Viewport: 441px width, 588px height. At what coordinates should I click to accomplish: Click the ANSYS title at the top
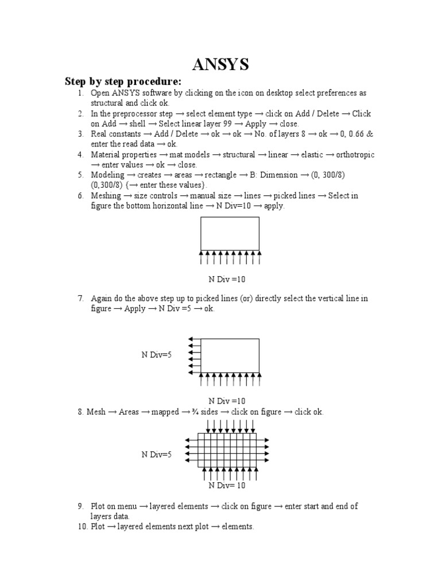pos(220,65)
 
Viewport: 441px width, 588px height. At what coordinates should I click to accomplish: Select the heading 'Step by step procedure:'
pos(123,82)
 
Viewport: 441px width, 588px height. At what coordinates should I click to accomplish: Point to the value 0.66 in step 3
pos(355,134)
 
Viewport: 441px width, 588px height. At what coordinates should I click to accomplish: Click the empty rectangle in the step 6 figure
pos(229,233)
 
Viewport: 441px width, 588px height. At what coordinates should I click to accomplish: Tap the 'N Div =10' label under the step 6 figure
pos(227,279)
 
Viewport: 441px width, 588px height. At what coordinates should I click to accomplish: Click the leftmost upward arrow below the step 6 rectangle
pos(202,257)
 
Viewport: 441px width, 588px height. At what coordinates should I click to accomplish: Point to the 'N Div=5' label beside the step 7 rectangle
pos(157,355)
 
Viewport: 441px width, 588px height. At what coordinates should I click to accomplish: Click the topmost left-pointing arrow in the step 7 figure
pos(194,339)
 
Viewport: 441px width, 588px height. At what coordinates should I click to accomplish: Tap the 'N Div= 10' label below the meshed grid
pos(227,485)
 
